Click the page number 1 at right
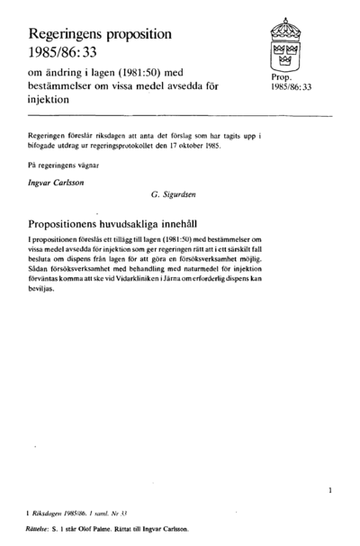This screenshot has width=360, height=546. click(x=331, y=491)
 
